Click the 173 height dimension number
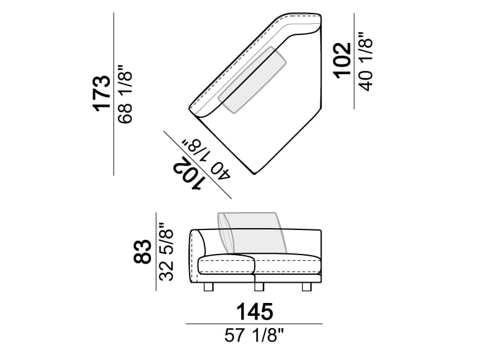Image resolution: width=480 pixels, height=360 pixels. pyautogui.click(x=101, y=94)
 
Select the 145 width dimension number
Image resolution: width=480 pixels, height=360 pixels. pyautogui.click(x=254, y=312)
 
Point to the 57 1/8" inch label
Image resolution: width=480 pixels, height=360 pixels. pyautogui.click(x=254, y=335)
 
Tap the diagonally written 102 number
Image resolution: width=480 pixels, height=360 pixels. pyautogui.click(x=187, y=173)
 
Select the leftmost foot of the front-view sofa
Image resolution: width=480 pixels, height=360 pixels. pyautogui.click(x=208, y=288)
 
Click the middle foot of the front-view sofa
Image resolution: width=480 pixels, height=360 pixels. pyautogui.click(x=258, y=288)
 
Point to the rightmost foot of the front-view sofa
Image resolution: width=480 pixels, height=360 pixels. pyautogui.click(x=306, y=288)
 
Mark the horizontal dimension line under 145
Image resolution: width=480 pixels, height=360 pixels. pyautogui.click(x=254, y=323)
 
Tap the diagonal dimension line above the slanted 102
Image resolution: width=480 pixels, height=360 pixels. pyautogui.click(x=196, y=164)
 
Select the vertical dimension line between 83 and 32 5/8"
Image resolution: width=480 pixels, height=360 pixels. pyautogui.click(x=155, y=252)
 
